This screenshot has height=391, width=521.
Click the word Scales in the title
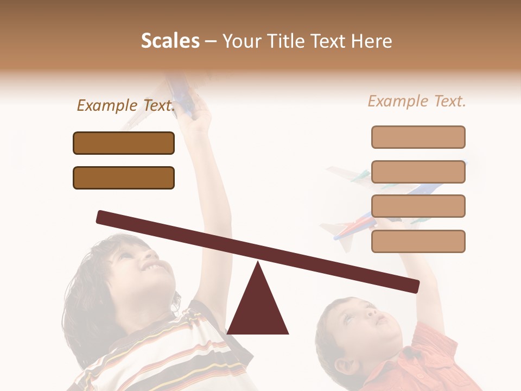click(170, 41)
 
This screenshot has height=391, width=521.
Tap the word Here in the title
click(371, 41)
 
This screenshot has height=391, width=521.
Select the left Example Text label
click(126, 105)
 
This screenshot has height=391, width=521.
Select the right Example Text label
click(417, 101)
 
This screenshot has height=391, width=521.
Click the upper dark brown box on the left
click(124, 143)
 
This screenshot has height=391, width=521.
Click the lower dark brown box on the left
click(124, 178)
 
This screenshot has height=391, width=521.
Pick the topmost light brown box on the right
click(418, 137)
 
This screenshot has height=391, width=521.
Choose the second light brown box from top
click(418, 172)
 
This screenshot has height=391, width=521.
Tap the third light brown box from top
click(418, 206)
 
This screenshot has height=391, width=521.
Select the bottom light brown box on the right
click(418, 241)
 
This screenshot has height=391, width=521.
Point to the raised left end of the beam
click(103, 217)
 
